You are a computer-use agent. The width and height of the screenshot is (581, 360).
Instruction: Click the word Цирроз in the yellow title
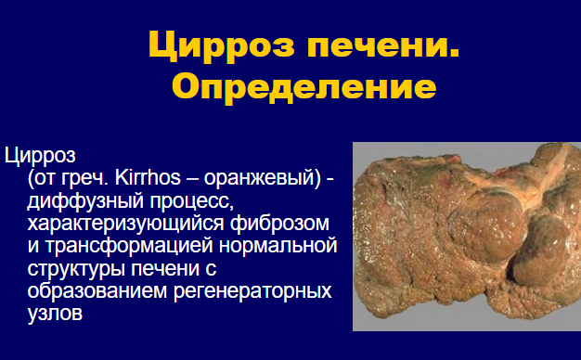[x=221, y=45]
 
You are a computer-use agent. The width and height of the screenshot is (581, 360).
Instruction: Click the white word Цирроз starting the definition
[x=40, y=156]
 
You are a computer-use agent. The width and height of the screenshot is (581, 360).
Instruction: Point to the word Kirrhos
[x=148, y=177]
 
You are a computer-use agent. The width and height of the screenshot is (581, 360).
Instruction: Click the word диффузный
[x=85, y=201]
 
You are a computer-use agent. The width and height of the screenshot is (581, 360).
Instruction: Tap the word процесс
[x=191, y=202]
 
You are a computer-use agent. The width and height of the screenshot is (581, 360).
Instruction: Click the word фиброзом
[x=279, y=224]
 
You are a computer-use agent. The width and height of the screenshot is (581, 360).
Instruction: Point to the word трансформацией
[x=129, y=246]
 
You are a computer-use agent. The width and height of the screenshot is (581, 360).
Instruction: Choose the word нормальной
[x=278, y=246]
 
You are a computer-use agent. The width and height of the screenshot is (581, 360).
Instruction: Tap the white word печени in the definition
[x=165, y=269]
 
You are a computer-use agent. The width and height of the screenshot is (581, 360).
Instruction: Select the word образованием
[x=97, y=290]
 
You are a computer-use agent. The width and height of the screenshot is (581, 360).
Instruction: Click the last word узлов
[x=55, y=314]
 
